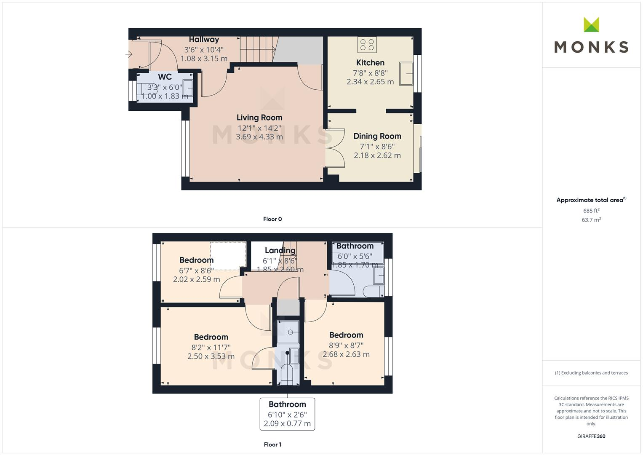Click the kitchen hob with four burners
(x=367, y=44)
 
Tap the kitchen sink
(x=407, y=74)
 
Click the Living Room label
(x=259, y=118)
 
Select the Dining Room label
(x=377, y=136)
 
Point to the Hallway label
(x=204, y=40)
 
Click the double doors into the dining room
(x=333, y=146)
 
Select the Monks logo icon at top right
(x=591, y=25)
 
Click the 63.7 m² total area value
(x=591, y=220)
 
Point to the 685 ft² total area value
(x=591, y=211)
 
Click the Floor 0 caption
(x=272, y=219)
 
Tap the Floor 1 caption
(x=272, y=444)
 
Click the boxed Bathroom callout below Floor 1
(x=287, y=414)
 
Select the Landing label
(x=280, y=250)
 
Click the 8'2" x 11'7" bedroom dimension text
(x=211, y=348)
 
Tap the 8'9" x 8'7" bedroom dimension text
(x=346, y=345)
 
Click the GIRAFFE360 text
(x=591, y=436)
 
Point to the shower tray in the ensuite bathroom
(x=288, y=332)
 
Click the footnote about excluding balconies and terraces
(x=591, y=373)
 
